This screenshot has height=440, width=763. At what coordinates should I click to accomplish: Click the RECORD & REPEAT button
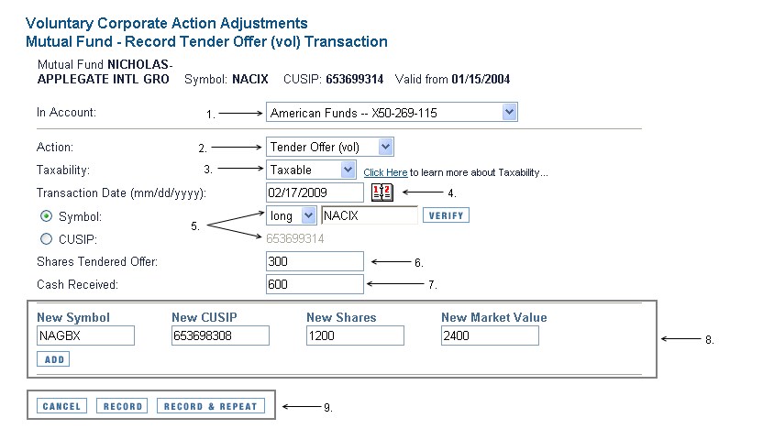211,406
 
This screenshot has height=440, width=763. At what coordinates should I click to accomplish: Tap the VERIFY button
446,215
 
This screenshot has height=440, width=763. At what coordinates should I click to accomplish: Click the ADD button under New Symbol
53,359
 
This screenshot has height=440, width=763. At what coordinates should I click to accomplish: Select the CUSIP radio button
46,238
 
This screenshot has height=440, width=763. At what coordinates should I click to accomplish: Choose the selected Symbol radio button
46,215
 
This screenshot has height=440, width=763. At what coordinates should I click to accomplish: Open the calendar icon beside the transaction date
382,192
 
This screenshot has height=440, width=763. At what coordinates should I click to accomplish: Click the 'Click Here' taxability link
385,172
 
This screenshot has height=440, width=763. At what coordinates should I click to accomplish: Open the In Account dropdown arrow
509,113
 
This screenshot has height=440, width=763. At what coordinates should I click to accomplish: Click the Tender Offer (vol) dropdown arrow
385,147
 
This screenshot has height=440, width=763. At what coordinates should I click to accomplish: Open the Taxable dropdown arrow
348,170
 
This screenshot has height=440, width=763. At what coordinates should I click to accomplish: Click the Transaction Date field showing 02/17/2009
315,192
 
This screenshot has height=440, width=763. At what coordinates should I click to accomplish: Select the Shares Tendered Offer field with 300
315,261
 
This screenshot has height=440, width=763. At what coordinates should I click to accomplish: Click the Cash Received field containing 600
315,284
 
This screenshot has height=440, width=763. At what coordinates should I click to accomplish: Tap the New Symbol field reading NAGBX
85,335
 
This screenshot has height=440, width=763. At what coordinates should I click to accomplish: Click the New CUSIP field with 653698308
220,335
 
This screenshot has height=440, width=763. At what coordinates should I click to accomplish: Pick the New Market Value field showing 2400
490,335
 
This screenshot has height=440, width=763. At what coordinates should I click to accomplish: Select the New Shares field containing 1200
355,335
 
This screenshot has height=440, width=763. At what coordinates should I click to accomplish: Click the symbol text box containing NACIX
370,215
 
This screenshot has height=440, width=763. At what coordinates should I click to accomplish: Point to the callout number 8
710,340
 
